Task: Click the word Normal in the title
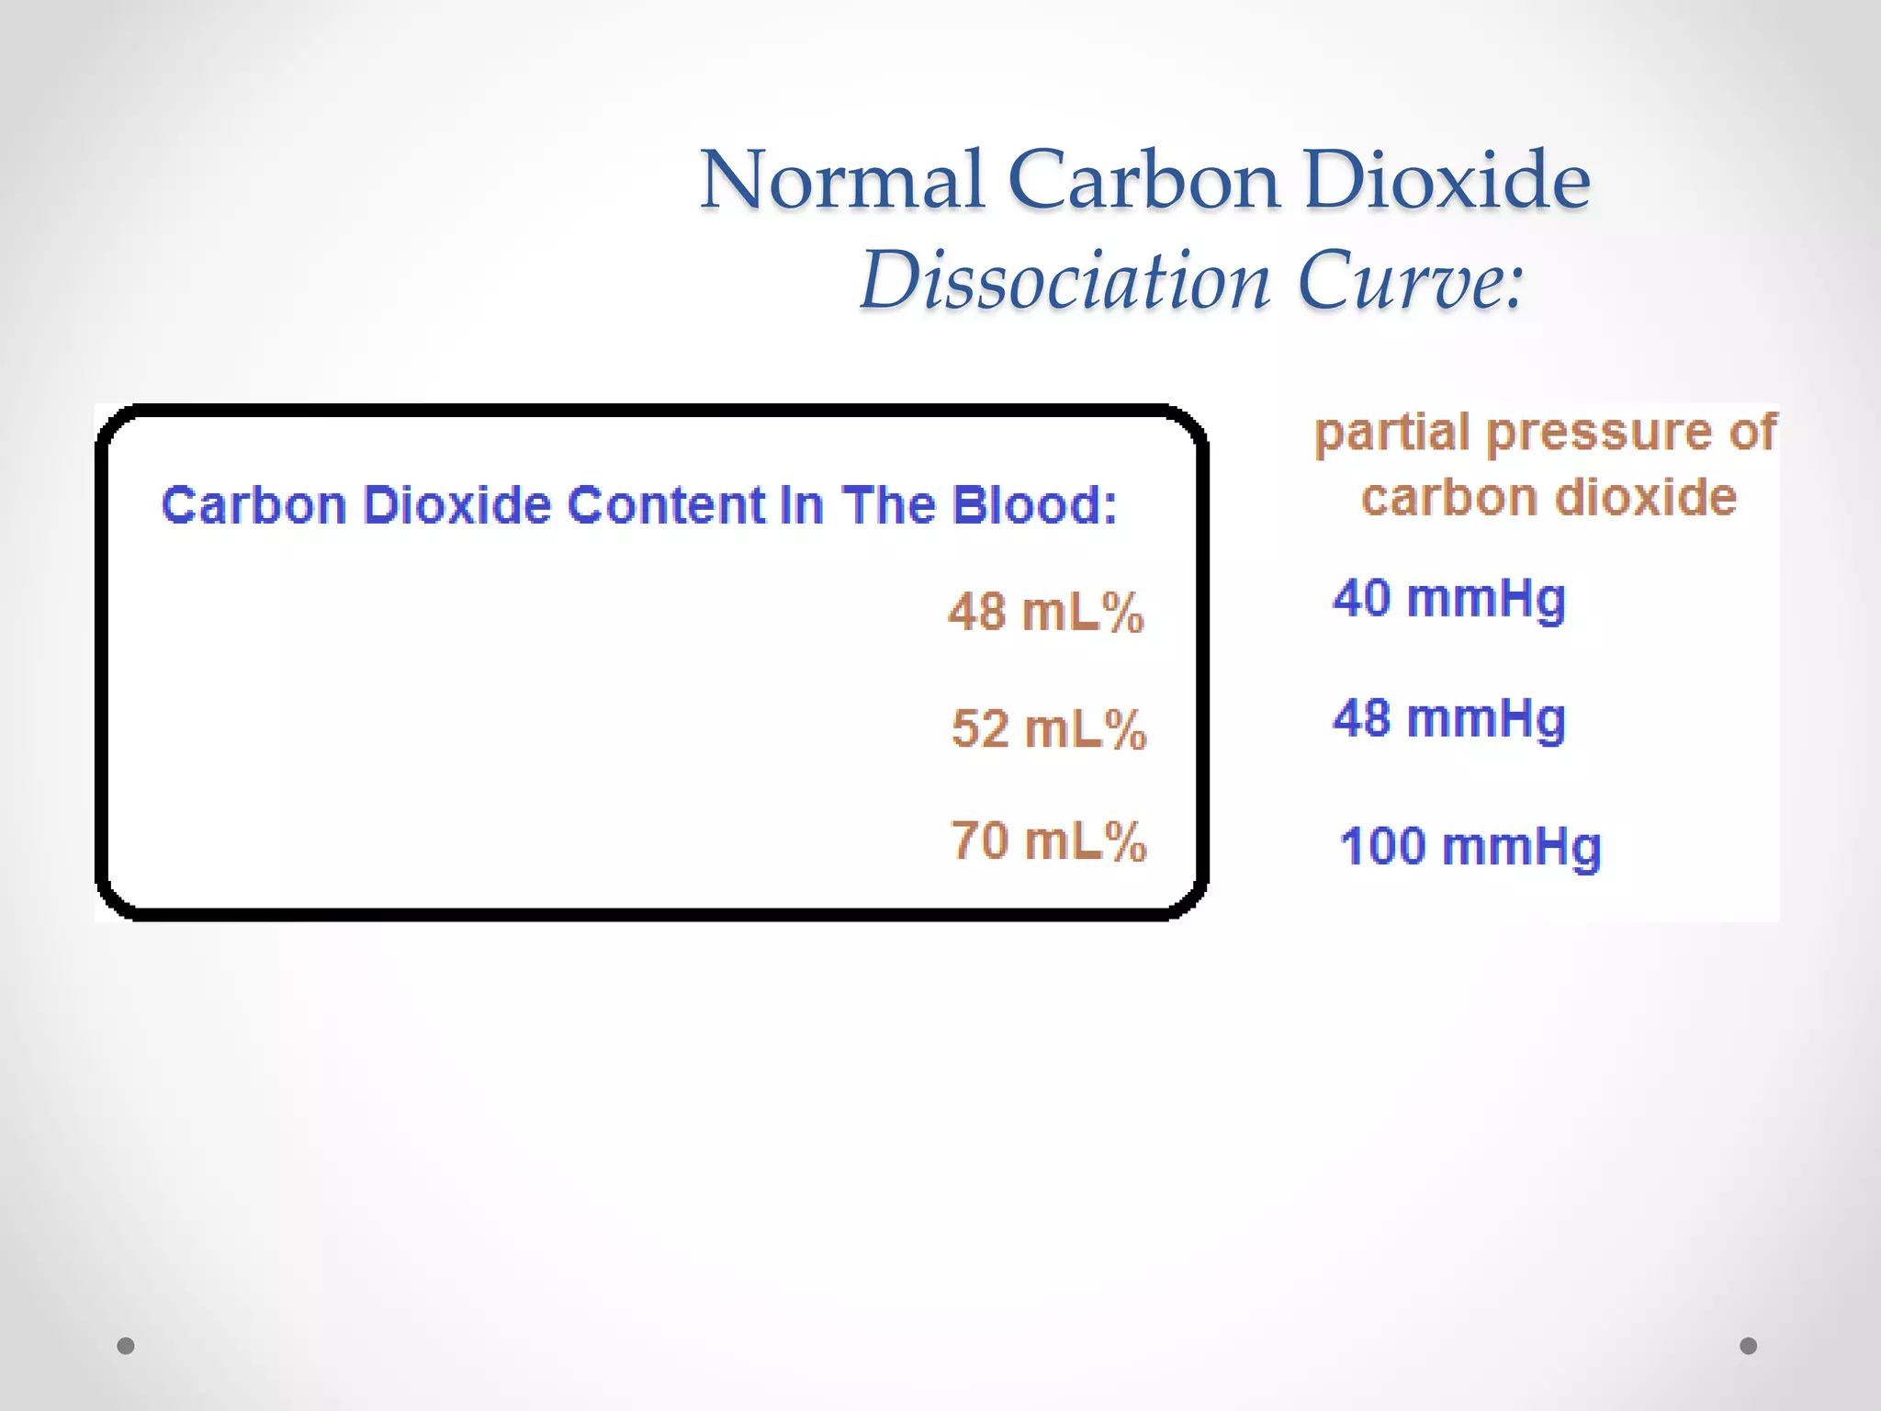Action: [843, 181]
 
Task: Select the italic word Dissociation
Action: [1065, 281]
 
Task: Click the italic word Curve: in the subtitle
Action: [1411, 281]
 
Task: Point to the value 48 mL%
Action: [1046, 612]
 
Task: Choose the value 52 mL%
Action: [1049, 729]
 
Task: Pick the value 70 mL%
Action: [1049, 841]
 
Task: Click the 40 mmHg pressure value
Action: [1449, 599]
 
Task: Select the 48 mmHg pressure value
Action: [1449, 718]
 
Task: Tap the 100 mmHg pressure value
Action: [1470, 847]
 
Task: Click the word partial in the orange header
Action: [1392, 434]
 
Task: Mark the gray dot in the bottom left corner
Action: [126, 1346]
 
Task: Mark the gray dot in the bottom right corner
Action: [1749, 1346]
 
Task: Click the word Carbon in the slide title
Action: [1143, 181]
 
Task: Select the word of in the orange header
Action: [1752, 432]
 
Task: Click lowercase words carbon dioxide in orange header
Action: [1549, 498]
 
